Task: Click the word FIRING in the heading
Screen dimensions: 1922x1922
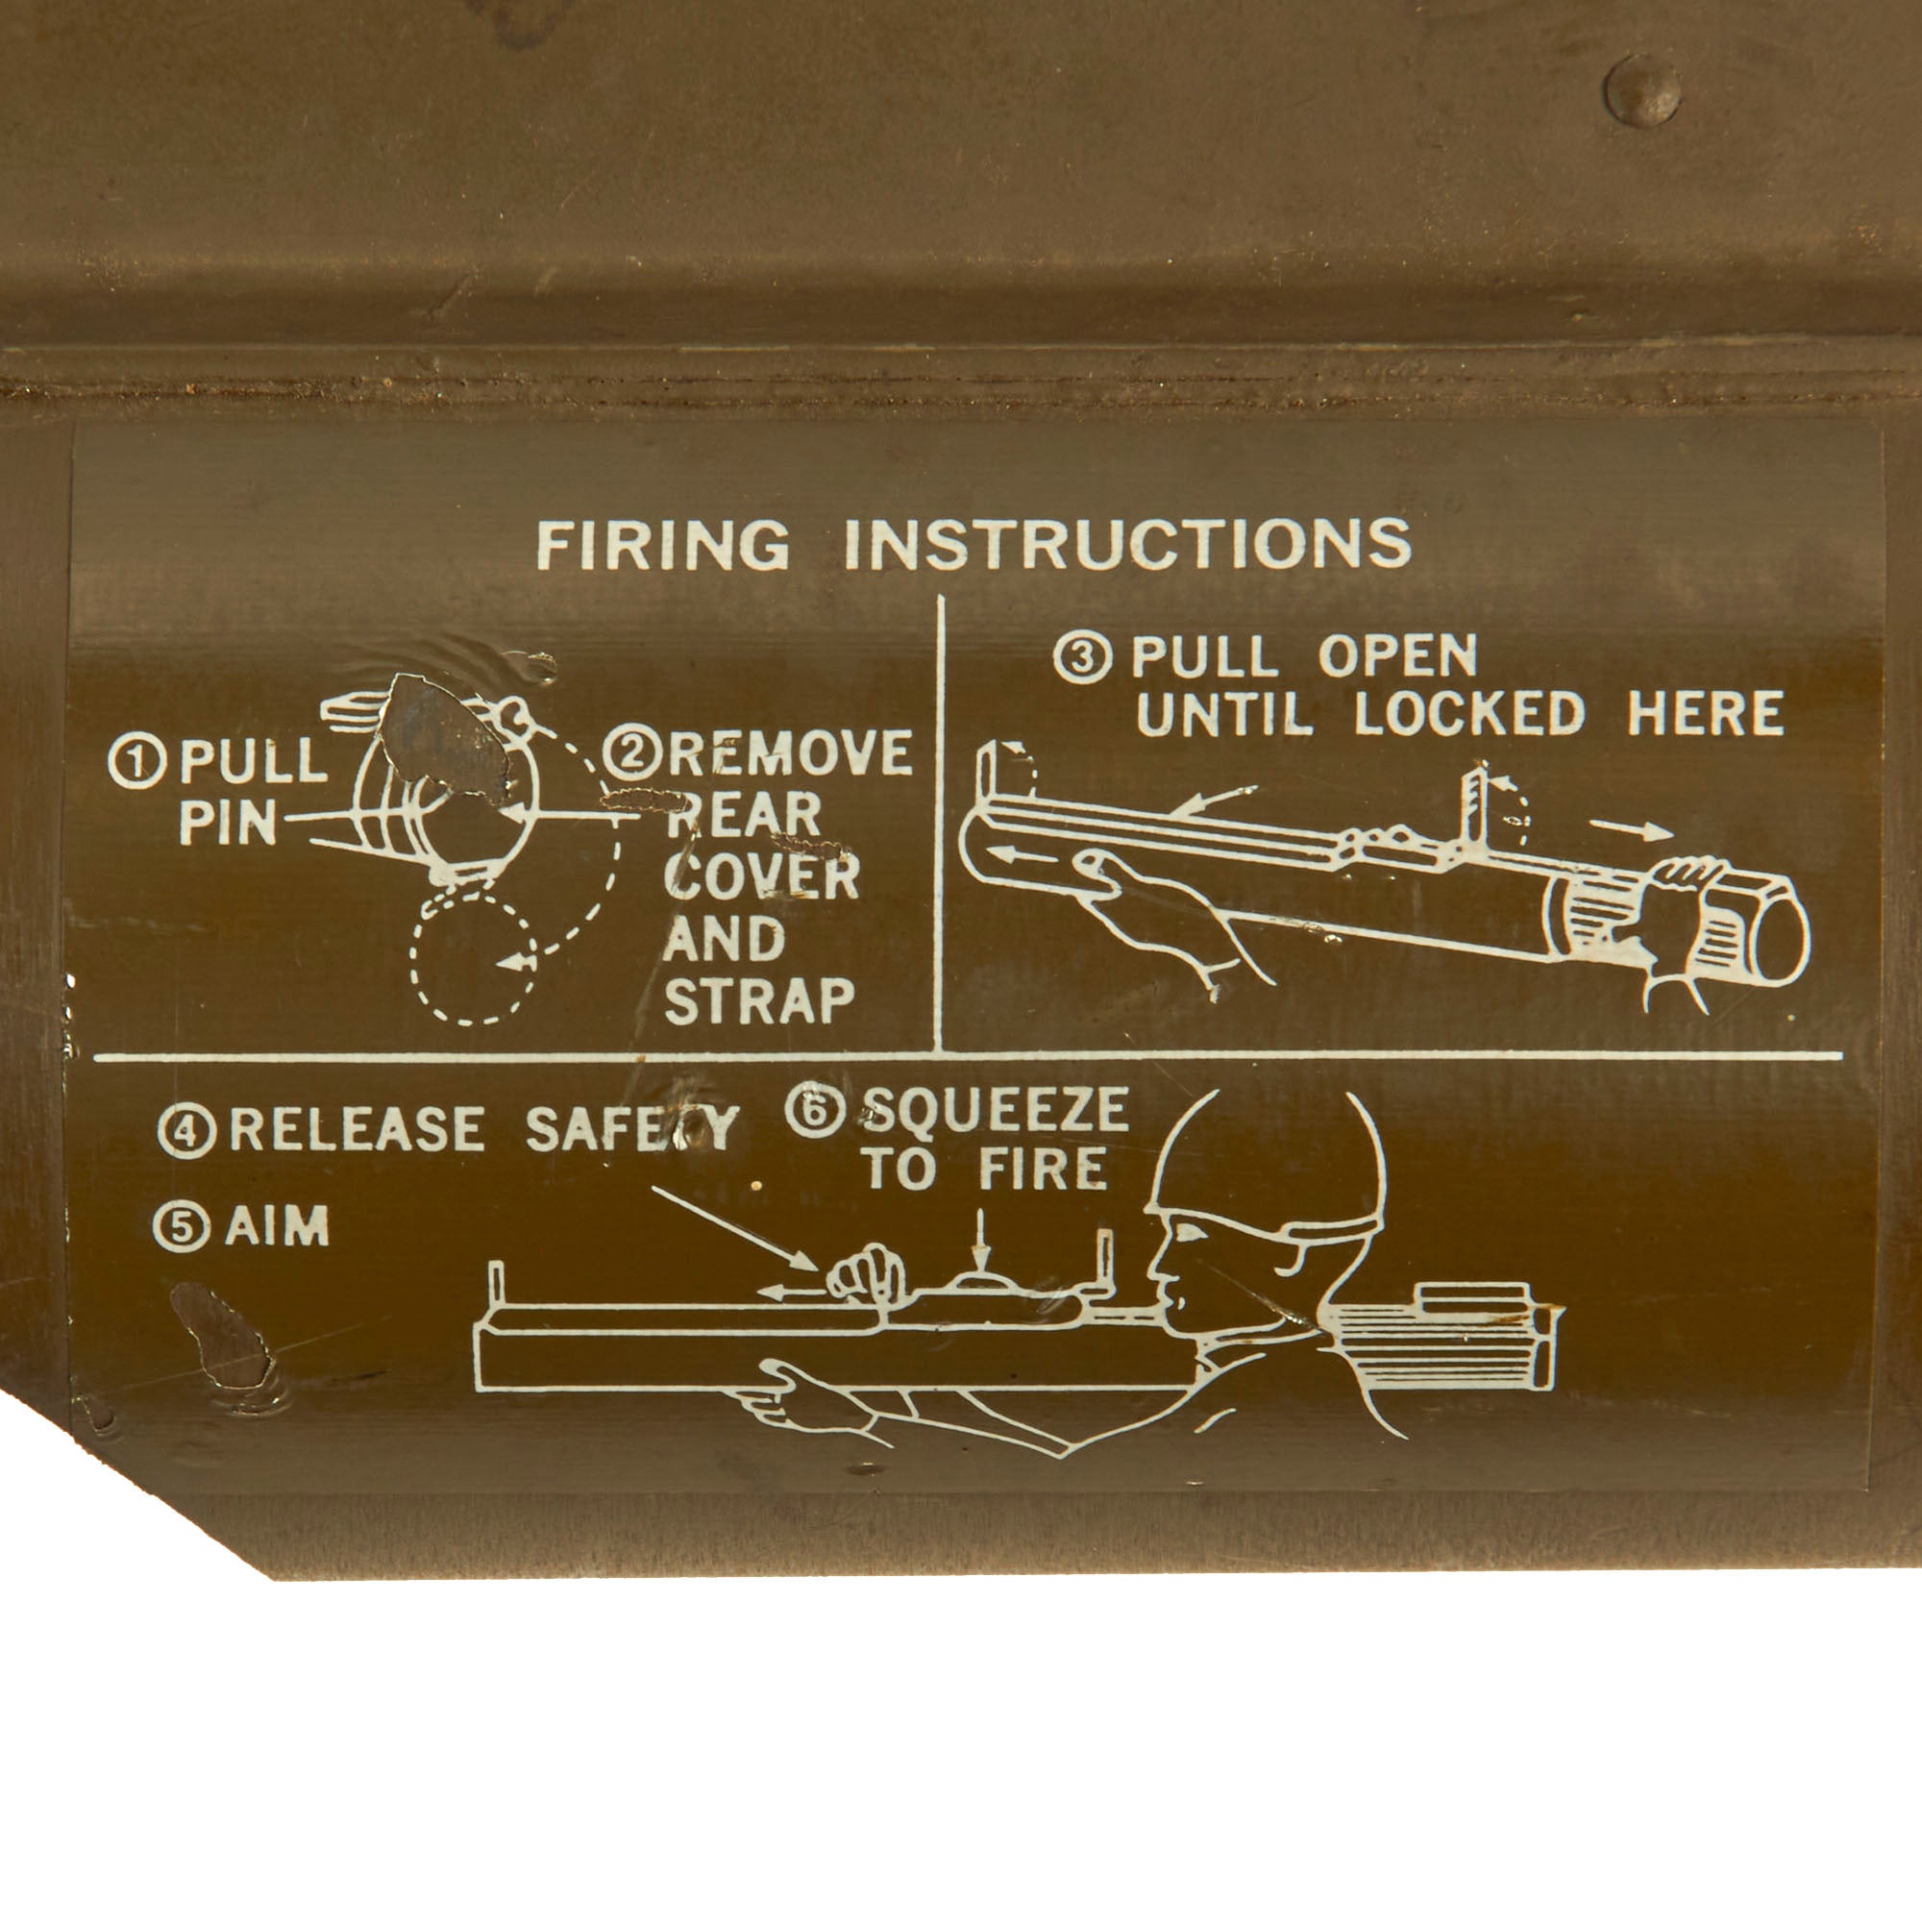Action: pyautogui.click(x=662, y=544)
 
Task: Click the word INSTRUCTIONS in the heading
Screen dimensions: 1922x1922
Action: pyautogui.click(x=1128, y=544)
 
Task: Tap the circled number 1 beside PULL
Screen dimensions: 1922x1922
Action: pyautogui.click(x=136, y=762)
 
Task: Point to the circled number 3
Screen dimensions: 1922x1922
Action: pyautogui.click(x=1082, y=657)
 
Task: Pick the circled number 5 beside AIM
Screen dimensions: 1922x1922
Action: pyautogui.click(x=181, y=1226)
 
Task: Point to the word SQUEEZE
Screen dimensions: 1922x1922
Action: pyautogui.click(x=996, y=1108)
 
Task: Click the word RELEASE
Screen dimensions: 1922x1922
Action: pyautogui.click(x=357, y=1129)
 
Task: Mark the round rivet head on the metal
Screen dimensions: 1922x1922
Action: pyautogui.click(x=1642, y=90)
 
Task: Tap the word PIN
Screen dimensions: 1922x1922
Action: pyautogui.click(x=228, y=823)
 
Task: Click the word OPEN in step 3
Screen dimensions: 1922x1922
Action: pyautogui.click(x=1398, y=655)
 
